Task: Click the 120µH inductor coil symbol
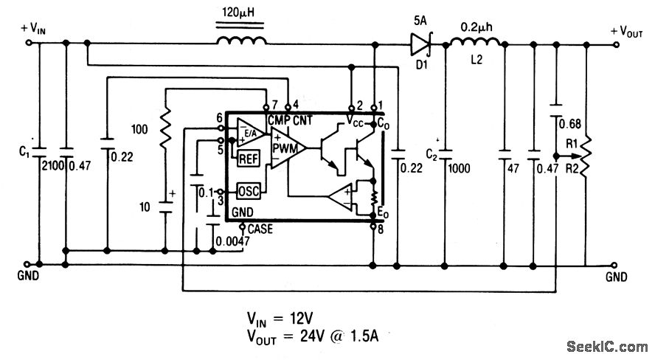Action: point(241,41)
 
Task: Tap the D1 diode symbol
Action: point(421,44)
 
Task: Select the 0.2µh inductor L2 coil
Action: point(475,42)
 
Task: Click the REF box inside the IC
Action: point(249,159)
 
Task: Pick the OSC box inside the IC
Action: point(249,191)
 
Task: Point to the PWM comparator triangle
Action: point(288,148)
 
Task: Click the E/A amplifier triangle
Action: point(250,132)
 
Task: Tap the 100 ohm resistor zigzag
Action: point(165,128)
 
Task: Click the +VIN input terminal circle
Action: point(29,43)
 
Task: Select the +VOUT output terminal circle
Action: point(616,44)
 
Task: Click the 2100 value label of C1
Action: point(52,166)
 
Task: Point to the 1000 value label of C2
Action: point(459,168)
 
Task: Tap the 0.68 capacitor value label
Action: point(569,124)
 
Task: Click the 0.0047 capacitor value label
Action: point(232,241)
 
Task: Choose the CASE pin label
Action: point(260,229)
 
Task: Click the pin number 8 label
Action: point(381,229)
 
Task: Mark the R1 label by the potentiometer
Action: point(572,144)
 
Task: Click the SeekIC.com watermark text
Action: point(607,346)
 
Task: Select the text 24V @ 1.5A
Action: point(339,336)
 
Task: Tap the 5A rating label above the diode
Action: point(420,21)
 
